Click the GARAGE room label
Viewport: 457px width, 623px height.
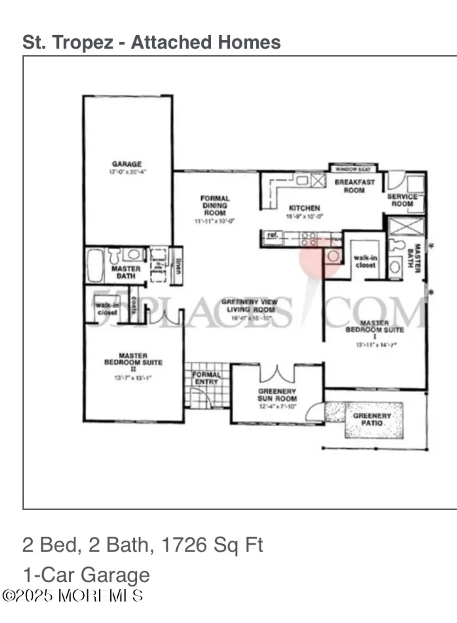point(127,164)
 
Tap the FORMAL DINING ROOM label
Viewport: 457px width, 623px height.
point(215,206)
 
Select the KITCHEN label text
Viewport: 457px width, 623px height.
point(304,208)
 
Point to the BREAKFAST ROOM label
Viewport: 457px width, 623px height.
point(354,186)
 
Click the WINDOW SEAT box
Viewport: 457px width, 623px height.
point(353,169)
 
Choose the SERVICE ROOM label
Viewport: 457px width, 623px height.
point(402,200)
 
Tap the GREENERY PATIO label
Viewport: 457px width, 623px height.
point(372,419)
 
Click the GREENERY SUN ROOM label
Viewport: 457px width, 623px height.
point(277,395)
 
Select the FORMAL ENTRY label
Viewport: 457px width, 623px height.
point(206,378)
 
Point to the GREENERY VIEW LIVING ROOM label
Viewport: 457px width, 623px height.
point(249,306)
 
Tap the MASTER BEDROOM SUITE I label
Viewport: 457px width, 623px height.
point(374,326)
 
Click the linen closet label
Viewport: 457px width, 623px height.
point(178,266)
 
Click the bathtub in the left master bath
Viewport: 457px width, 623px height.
point(95,266)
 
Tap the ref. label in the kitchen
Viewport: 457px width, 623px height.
point(272,235)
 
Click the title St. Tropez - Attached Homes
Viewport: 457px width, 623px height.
point(152,42)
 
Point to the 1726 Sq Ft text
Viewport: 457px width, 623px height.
point(212,545)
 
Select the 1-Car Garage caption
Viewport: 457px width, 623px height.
point(86,575)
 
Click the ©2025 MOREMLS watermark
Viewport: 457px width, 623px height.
point(73,596)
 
